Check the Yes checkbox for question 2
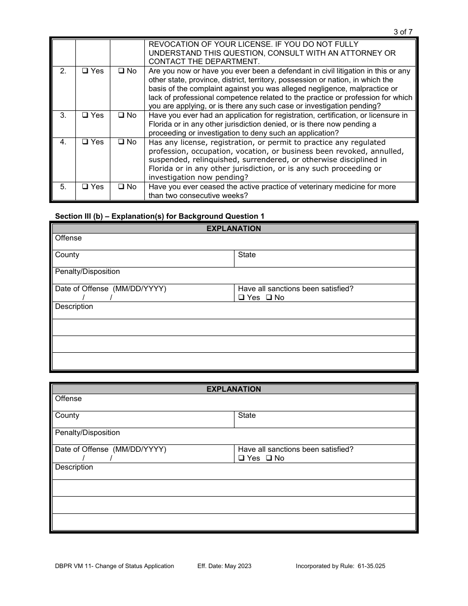tap(85, 71)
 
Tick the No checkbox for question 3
tap(121, 115)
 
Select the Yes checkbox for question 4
tap(85, 142)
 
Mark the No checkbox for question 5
tap(121, 187)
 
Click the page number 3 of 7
tap(403, 32)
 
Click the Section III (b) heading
tap(160, 216)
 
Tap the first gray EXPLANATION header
tap(234, 229)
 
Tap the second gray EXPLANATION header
tap(234, 389)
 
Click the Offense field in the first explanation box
tap(234, 242)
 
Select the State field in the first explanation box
tap(325, 259)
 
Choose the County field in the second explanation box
tap(143, 419)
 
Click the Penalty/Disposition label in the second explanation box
tap(88, 433)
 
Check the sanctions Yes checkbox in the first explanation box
tap(241, 298)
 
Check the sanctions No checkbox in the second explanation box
tap(269, 458)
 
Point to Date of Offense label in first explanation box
tap(111, 289)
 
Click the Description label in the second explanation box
tap(74, 467)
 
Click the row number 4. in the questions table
tap(63, 142)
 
